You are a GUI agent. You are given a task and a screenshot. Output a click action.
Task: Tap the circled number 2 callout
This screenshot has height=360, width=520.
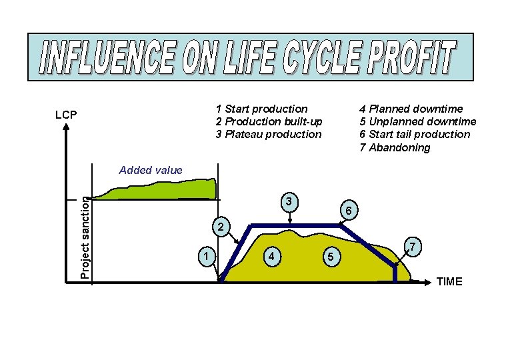(220, 227)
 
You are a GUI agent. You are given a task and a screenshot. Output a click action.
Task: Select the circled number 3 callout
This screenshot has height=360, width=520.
(287, 202)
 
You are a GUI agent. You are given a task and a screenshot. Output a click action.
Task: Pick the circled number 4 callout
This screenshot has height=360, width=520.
(271, 256)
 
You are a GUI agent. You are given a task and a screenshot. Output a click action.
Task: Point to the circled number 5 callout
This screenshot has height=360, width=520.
(328, 257)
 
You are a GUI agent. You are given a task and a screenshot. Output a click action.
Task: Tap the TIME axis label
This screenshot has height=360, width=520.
(449, 281)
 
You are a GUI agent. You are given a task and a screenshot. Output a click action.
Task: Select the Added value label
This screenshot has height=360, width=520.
(150, 170)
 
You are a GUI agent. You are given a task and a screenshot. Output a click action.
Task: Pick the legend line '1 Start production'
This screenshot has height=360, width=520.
(261, 109)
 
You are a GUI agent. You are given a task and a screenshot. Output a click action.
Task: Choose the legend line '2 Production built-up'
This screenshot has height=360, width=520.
(269, 121)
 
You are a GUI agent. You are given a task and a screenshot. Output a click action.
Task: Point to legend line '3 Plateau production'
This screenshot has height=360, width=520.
(268, 134)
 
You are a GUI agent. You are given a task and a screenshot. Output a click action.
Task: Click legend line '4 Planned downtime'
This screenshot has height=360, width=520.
(411, 109)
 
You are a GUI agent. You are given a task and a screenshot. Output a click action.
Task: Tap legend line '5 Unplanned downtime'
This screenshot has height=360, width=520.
(417, 121)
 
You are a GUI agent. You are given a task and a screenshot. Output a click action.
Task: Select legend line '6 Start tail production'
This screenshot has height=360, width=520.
(415, 134)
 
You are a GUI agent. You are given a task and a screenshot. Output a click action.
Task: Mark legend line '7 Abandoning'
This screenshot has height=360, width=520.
(395, 147)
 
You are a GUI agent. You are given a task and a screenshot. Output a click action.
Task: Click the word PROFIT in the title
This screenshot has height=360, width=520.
(407, 58)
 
